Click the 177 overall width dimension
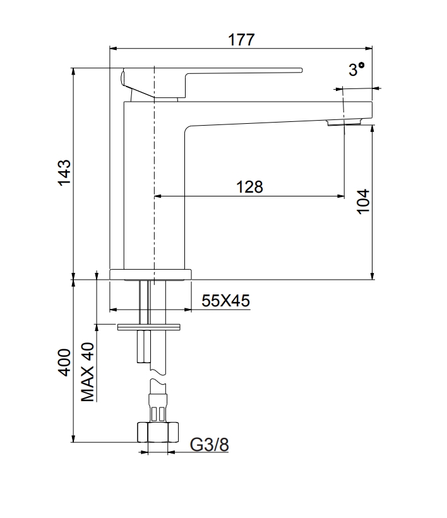[x=241, y=39]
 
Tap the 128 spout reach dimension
[x=249, y=186]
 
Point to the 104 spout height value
[x=362, y=202]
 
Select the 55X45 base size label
[x=225, y=301]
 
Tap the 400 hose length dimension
[x=64, y=361]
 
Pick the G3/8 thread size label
[x=210, y=445]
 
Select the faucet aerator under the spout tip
[x=344, y=123]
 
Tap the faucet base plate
[x=150, y=274]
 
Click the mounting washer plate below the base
[x=149, y=326]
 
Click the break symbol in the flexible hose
[x=158, y=376]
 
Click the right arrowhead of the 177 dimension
[x=369, y=48]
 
